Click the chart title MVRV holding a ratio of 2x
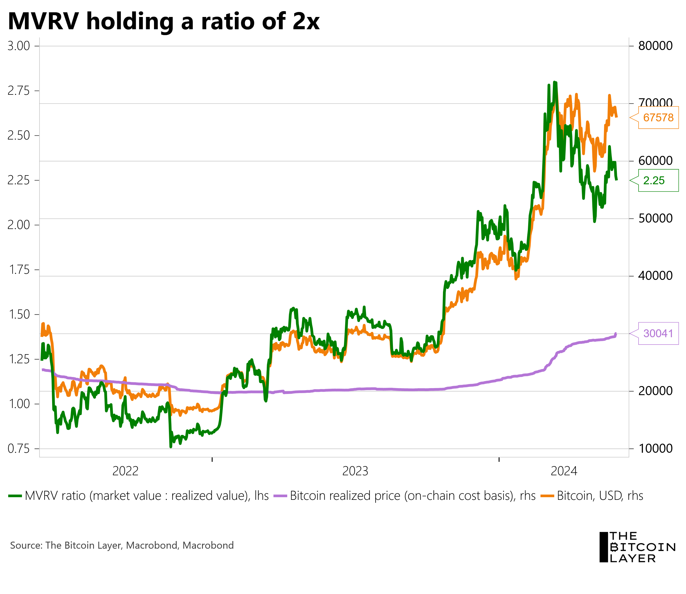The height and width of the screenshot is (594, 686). pos(163,22)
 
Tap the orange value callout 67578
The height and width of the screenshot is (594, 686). pos(658,117)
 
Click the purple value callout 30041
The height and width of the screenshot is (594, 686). pos(658,333)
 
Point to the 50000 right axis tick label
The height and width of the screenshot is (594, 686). pos(651,218)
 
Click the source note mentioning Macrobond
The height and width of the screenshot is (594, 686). pos(122,545)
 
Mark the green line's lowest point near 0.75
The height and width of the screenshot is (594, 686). pos(171,447)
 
